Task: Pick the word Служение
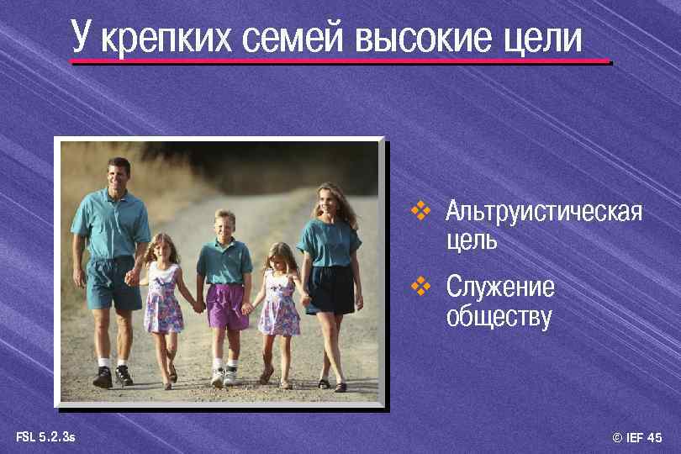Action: (x=500, y=287)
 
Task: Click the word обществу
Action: (x=499, y=317)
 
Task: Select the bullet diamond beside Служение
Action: (x=420, y=287)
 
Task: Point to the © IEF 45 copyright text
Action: (x=637, y=437)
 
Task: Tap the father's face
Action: (x=119, y=175)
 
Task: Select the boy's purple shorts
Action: (x=226, y=305)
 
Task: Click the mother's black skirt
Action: (x=330, y=288)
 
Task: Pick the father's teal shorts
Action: (x=111, y=282)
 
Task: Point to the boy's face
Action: (x=224, y=227)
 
